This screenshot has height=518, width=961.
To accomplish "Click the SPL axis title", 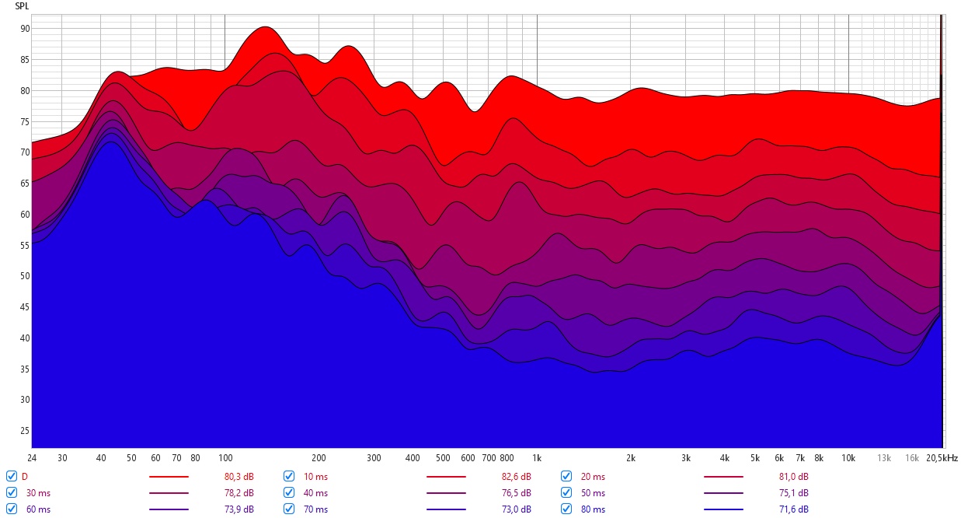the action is (22, 6).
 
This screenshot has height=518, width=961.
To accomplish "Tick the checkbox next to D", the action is (12, 476).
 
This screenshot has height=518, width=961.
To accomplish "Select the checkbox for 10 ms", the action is (289, 476).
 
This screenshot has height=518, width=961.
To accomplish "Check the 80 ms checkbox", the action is (566, 509).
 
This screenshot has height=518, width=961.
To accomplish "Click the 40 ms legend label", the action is (315, 493).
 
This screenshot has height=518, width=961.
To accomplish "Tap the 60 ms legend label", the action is (38, 509).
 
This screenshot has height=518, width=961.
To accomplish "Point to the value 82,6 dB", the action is (517, 477).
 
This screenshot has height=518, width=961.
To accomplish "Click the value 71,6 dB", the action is (794, 509).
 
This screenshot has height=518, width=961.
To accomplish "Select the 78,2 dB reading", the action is (239, 493).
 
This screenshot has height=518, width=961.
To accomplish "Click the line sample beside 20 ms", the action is (723, 477).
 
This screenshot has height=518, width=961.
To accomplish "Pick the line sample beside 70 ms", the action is (446, 509).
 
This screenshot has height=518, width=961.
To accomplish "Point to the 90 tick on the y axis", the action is (25, 29).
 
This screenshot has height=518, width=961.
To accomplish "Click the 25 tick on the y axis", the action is (25, 431).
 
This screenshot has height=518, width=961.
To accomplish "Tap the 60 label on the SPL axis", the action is (25, 215).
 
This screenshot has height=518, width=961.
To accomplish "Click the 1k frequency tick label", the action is (537, 458).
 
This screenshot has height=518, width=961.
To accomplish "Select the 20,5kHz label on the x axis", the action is (942, 458).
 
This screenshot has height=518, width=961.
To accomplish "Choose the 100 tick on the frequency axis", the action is (225, 458).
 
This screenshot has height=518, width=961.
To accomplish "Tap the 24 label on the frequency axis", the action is (32, 458).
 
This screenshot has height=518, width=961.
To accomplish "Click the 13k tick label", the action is (884, 458).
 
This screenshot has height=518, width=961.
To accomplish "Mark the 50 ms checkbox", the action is (566, 492).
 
